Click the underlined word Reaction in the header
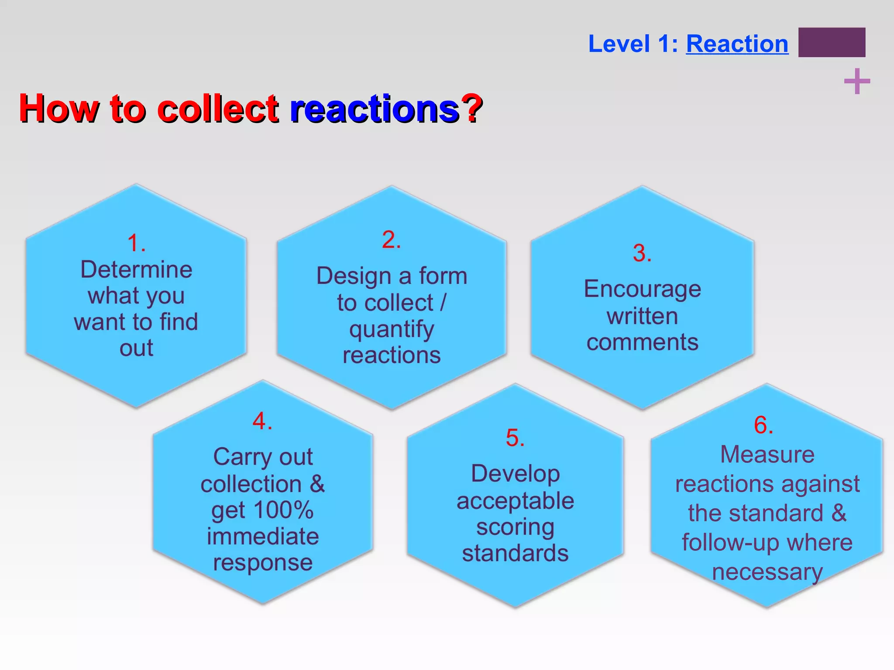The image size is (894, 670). (737, 44)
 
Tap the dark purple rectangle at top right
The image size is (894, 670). (832, 42)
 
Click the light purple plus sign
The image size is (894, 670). (857, 82)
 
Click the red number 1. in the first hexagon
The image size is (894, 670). (136, 243)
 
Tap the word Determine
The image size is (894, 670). (136, 270)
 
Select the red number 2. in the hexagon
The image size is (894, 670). (391, 240)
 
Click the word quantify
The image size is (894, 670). (392, 330)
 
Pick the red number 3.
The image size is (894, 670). (642, 253)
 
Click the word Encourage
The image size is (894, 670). (643, 290)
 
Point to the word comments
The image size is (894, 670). (643, 342)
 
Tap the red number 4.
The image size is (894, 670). (262, 421)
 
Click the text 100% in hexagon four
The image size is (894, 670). (283, 510)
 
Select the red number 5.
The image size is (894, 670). (515, 438)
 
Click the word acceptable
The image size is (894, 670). (515, 501)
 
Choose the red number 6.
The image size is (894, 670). (763, 425)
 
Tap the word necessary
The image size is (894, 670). (767, 572)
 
